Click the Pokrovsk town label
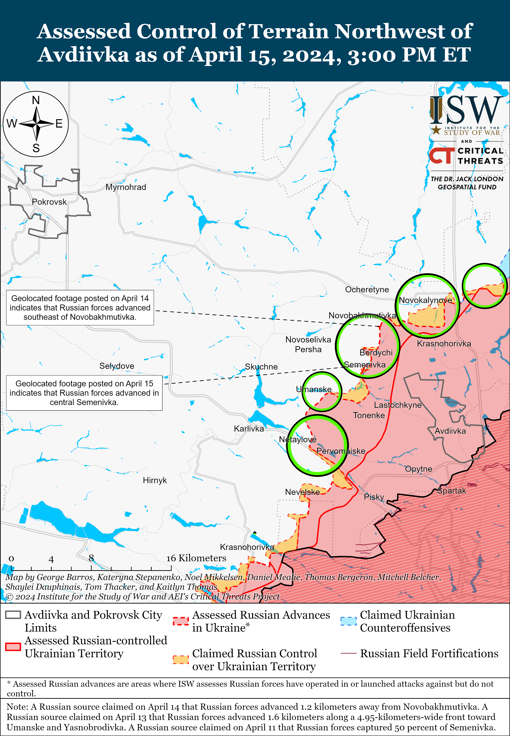(49, 202)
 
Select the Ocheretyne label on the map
(367, 290)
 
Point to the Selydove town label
(117, 366)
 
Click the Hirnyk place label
(155, 480)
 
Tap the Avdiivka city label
(450, 431)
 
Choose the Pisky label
(374, 497)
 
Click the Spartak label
(452, 491)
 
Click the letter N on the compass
(36, 100)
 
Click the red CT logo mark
(441, 156)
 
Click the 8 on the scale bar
(91, 558)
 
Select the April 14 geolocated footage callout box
(80, 308)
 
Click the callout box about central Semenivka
(84, 393)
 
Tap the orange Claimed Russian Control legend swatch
(181, 660)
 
